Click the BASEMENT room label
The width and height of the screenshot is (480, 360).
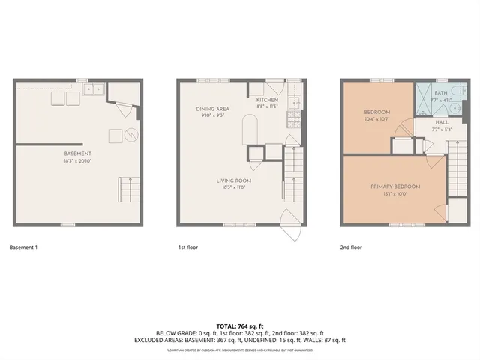[x=77, y=154]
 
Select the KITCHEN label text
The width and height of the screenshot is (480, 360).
[x=267, y=100]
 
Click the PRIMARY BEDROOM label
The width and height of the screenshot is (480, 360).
[x=394, y=186]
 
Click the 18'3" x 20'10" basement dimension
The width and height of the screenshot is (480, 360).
[x=77, y=160]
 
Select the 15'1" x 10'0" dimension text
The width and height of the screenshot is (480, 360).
[x=394, y=193]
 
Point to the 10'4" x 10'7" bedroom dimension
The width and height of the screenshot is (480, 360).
[x=376, y=118]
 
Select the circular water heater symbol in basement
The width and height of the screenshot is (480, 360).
[x=131, y=136]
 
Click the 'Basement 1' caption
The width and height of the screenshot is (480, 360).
[x=25, y=247]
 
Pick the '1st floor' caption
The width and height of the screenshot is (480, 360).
[x=187, y=247]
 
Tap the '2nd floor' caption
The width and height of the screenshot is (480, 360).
[x=351, y=247]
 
